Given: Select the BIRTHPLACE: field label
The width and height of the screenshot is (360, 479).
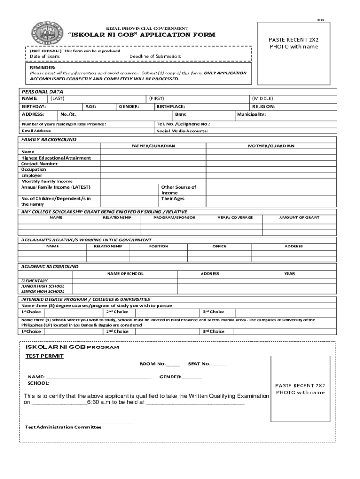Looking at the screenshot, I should pos(170,107).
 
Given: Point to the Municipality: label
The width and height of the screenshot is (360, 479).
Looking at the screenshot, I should pos(251,114).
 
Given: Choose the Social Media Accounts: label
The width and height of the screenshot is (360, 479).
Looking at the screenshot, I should pos(182,131).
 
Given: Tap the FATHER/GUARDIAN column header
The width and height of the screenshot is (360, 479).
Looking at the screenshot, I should pos(153,146).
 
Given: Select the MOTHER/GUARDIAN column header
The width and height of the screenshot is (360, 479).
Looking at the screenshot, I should pos(271,146).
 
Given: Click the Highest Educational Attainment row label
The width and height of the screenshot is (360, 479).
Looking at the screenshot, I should pos(56,158).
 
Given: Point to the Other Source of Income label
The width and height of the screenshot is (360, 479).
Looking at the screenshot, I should pos(179,189).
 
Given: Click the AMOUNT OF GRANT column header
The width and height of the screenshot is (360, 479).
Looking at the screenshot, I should pos(299,218).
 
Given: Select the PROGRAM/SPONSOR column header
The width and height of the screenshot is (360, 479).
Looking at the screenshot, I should pos(174,218).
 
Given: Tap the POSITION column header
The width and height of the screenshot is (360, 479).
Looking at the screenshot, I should pos(158,246).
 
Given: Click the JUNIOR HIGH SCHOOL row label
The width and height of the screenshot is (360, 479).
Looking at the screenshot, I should pos(43,286).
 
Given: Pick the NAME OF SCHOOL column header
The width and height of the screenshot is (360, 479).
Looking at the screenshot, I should pos(125,273).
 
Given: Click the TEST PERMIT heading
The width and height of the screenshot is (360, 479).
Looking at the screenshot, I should pos(44,356).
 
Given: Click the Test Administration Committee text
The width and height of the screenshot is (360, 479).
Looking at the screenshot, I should pos(63,427).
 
